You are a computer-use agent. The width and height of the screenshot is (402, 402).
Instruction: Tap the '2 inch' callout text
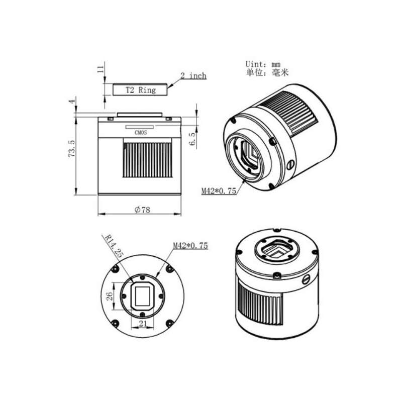click(193, 76)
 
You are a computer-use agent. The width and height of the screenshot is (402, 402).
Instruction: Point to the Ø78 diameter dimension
click(142, 211)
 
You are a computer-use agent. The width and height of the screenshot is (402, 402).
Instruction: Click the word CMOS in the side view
click(141, 133)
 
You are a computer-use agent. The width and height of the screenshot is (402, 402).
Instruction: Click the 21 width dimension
click(142, 324)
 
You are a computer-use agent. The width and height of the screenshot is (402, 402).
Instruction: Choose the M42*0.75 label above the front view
click(190, 246)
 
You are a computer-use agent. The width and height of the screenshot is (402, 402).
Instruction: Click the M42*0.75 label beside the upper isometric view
click(219, 190)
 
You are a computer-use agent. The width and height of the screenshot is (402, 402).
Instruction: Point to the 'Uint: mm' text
click(263, 64)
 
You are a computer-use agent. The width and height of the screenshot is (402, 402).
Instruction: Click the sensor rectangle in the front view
click(142, 295)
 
